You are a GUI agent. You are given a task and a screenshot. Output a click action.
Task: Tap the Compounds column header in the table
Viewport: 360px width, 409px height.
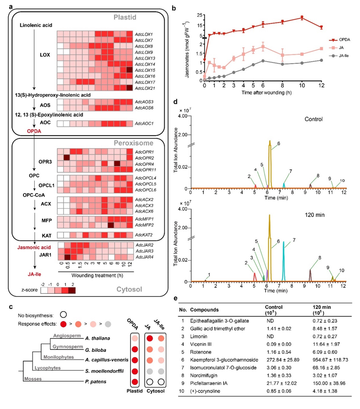[x=207, y=309]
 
